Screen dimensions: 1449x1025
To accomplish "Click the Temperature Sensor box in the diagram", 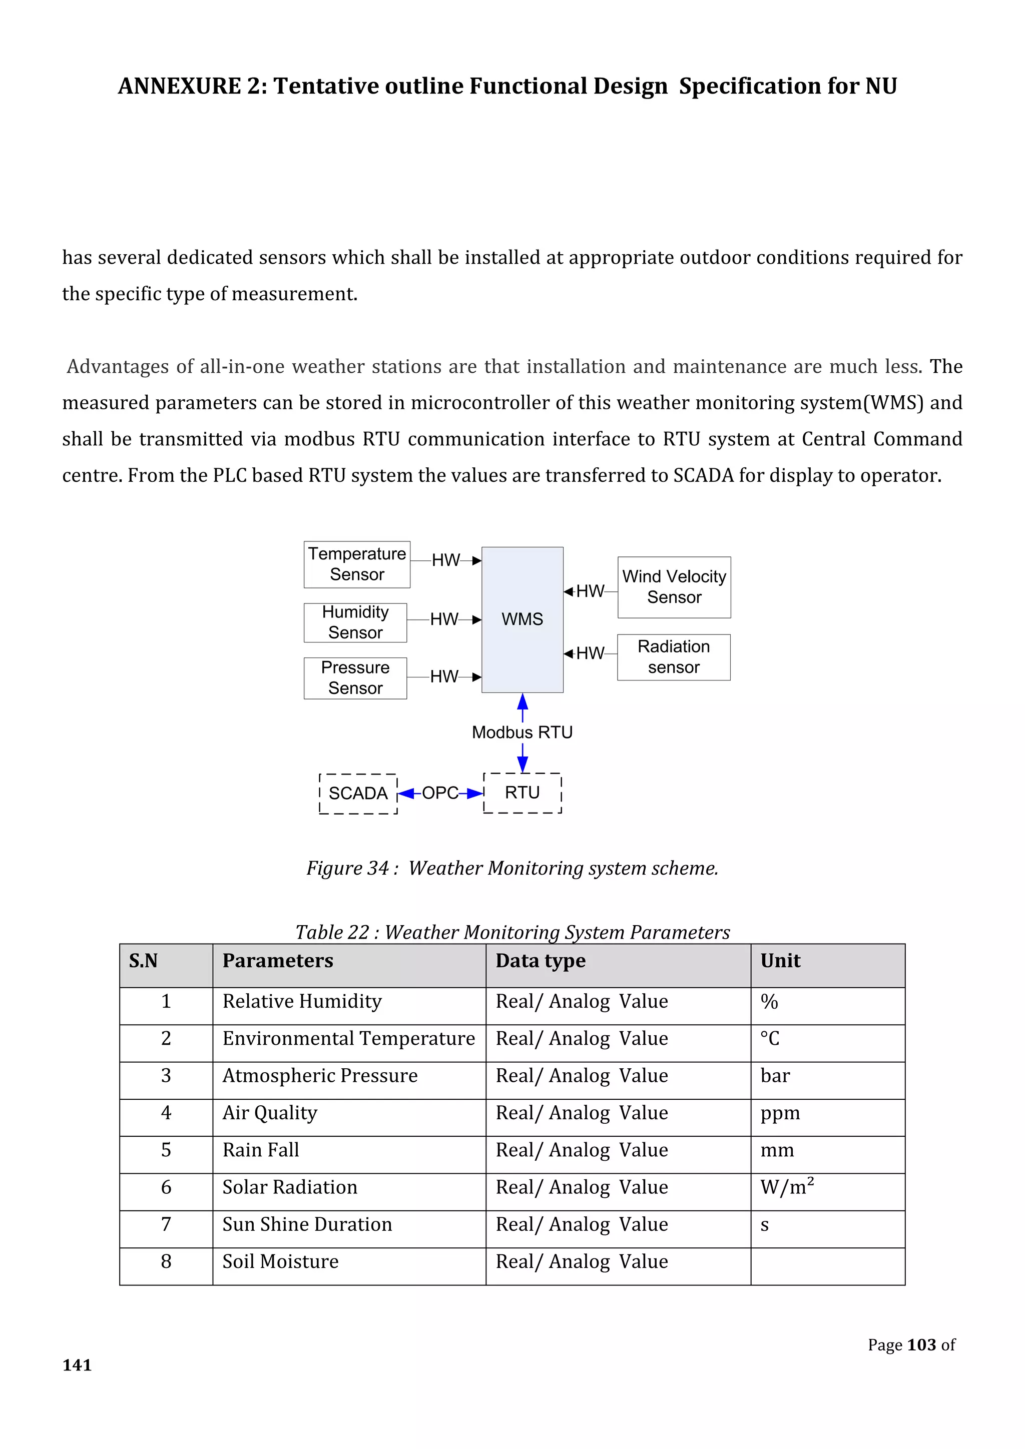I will point(357,564).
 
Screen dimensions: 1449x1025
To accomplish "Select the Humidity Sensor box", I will point(355,622).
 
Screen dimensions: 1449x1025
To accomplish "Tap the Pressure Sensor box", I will point(355,678).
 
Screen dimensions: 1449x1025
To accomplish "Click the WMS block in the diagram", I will point(522,619).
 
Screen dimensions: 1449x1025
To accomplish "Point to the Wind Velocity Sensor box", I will point(674,587).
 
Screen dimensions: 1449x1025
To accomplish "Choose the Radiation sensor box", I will point(674,657).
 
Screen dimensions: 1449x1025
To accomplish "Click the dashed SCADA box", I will point(358,793).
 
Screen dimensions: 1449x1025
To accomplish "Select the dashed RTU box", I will point(522,793).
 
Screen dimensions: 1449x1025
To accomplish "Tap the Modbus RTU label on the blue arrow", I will point(522,732).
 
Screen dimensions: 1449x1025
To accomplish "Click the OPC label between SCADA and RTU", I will point(440,793).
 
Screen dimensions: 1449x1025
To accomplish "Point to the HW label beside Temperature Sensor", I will point(445,560).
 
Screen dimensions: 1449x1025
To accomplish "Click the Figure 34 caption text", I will point(512,869).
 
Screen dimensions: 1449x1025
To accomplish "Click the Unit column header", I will point(780,961).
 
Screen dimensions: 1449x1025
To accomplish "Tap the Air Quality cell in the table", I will point(270,1113).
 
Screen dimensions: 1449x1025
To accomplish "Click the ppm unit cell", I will point(780,1113).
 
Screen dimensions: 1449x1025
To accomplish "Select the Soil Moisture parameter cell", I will point(281,1261).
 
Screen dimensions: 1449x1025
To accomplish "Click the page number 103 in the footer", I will point(921,1345).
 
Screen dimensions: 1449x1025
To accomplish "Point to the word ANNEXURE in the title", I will point(179,86).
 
